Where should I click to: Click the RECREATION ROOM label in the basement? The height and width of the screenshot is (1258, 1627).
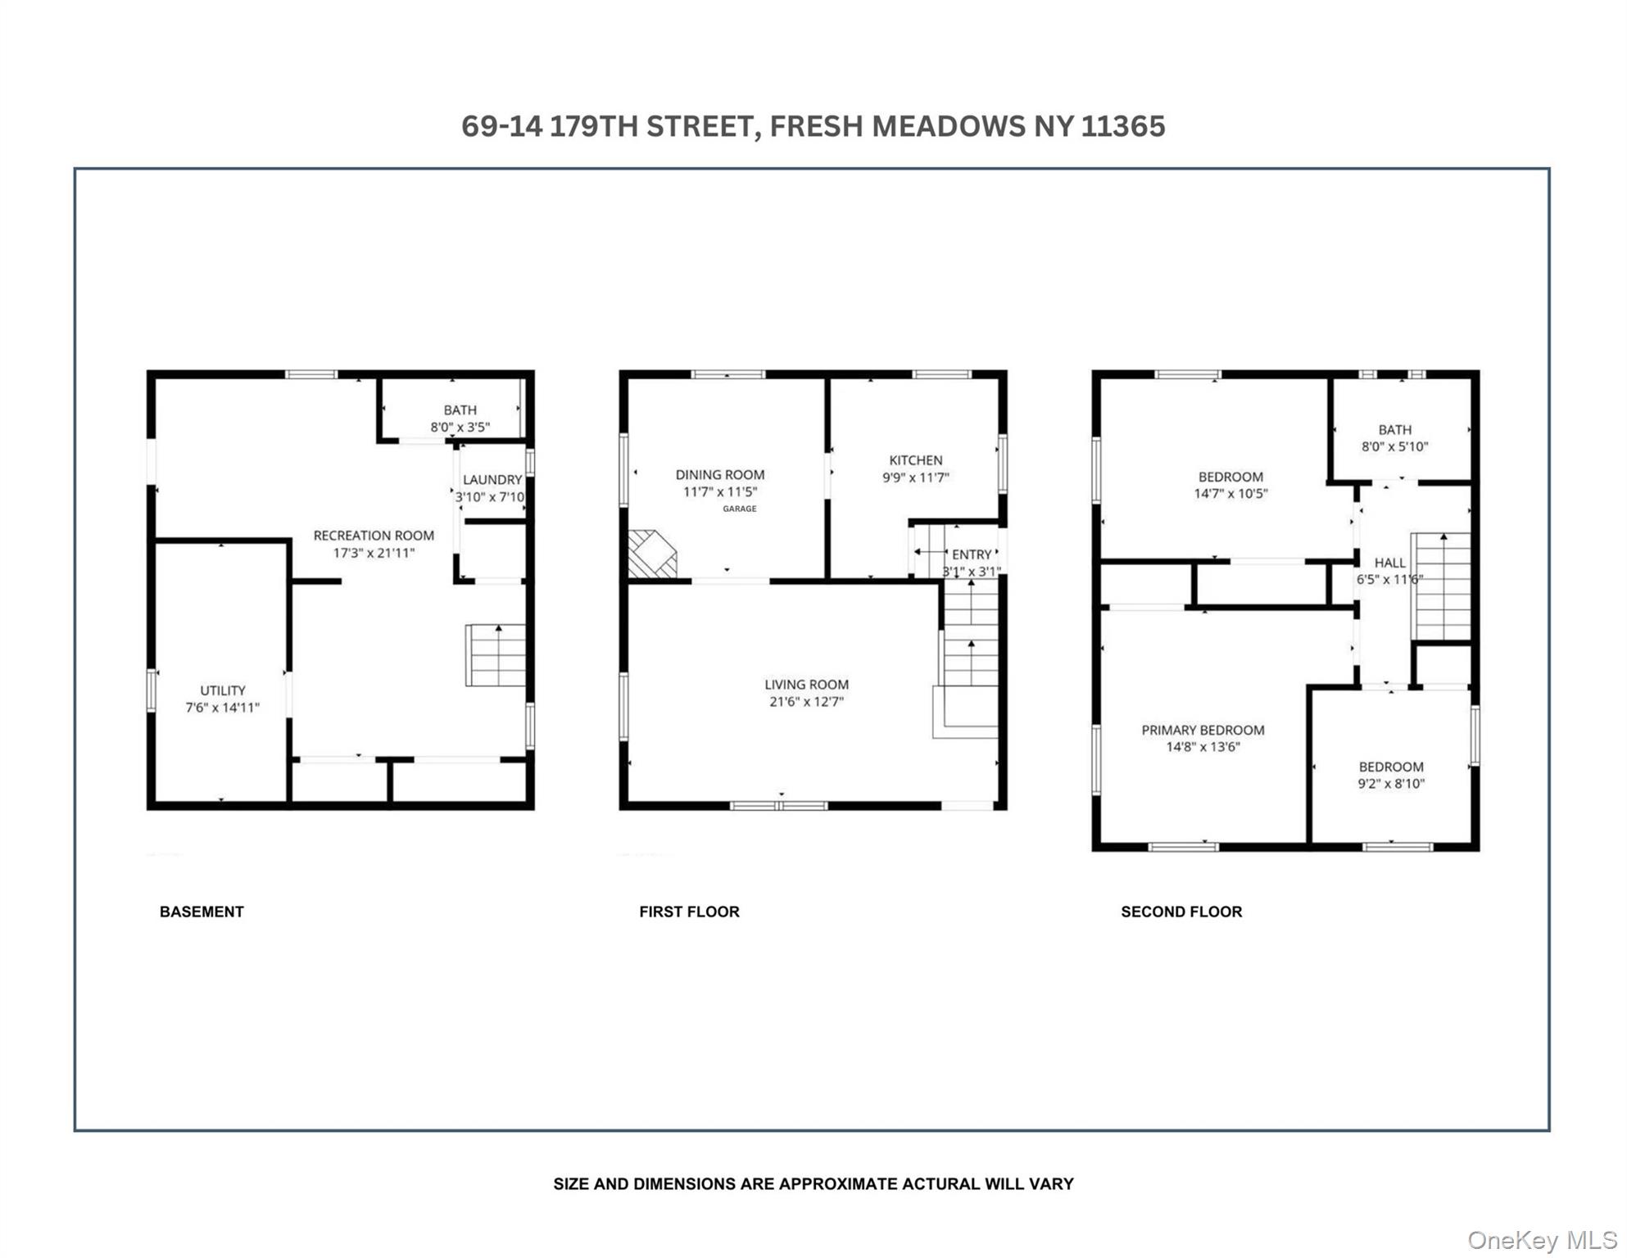coord(374,536)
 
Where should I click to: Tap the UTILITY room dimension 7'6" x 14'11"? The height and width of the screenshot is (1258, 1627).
coord(222,708)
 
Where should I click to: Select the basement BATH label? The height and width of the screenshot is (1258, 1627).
coord(460,410)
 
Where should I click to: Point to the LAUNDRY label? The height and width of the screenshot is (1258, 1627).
coord(492,480)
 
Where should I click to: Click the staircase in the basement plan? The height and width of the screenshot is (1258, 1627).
coord(496,655)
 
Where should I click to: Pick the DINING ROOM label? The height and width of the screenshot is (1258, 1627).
coord(719,474)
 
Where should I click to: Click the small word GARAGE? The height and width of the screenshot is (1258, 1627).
coord(739,509)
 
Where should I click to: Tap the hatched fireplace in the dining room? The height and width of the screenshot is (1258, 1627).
coord(651,554)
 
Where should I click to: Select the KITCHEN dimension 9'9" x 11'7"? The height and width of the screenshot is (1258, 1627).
coord(915,477)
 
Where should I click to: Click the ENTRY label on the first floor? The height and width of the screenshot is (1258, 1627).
coord(971,554)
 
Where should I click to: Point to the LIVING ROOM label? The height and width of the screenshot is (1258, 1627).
coord(806,685)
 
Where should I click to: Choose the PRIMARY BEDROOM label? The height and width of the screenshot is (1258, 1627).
coord(1203,730)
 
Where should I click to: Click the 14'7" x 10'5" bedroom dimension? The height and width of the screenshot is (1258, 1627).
coord(1230,494)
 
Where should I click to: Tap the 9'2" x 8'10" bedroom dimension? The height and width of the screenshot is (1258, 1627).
coord(1391,784)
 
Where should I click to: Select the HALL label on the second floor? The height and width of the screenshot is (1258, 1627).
coord(1389,563)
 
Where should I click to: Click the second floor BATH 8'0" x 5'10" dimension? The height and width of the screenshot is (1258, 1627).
coord(1394,447)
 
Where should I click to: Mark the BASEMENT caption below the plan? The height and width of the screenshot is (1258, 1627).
coord(202,912)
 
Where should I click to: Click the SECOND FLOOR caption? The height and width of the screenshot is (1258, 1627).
coord(1181,912)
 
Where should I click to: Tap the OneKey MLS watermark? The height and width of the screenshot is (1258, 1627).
coord(1541,1240)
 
